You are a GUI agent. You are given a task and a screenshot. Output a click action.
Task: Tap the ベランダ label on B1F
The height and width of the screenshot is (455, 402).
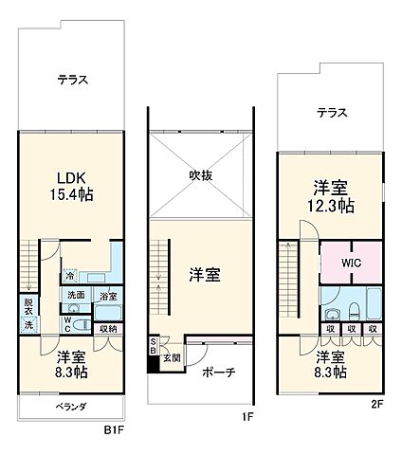click(x=71, y=407)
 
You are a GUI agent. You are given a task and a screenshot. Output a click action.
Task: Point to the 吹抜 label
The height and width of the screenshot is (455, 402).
click(x=200, y=174)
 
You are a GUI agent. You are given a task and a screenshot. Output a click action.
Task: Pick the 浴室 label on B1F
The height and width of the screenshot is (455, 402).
click(x=108, y=296)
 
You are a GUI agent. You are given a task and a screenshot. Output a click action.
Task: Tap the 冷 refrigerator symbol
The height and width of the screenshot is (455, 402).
click(x=72, y=276)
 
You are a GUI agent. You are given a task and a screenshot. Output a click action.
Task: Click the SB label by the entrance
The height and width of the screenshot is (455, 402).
click(x=154, y=347)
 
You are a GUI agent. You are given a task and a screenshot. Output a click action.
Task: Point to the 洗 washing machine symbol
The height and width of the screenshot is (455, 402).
click(x=27, y=325)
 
